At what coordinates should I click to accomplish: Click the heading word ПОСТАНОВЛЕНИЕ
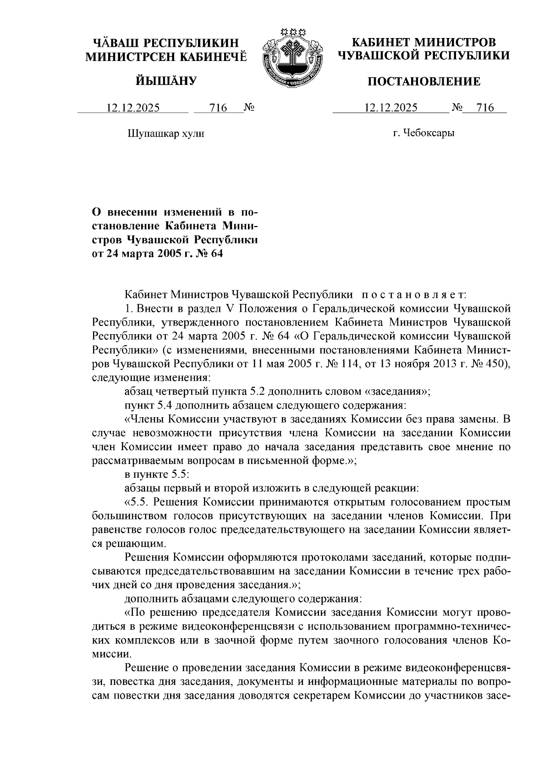point(424,82)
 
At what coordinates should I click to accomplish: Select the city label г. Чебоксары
point(423,133)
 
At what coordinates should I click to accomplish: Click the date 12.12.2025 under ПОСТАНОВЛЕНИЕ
point(390,108)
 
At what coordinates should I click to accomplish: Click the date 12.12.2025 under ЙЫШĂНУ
point(133,108)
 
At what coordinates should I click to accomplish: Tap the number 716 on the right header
point(485,108)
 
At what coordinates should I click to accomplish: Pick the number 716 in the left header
point(218,108)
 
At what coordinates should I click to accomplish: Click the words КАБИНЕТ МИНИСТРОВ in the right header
point(423,43)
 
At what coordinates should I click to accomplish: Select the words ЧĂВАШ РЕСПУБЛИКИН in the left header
point(166,43)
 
